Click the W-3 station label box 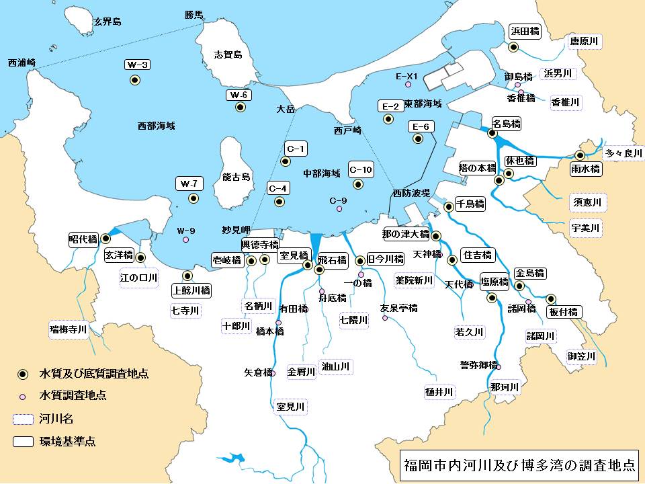click(x=137, y=65)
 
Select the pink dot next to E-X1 click(x=407, y=85)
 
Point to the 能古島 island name click(x=236, y=177)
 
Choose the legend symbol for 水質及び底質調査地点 click(x=23, y=374)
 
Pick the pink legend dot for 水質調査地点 click(x=23, y=396)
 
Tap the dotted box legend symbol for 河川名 click(x=23, y=419)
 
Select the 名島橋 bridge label click(x=507, y=124)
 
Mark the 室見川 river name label click(x=290, y=407)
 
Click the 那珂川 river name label click(x=504, y=387)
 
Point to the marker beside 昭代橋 click(x=105, y=238)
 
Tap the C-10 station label click(x=361, y=169)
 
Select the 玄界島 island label click(x=107, y=22)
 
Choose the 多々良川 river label click(x=623, y=153)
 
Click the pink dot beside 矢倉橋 click(x=273, y=373)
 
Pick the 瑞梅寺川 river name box click(x=69, y=329)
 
